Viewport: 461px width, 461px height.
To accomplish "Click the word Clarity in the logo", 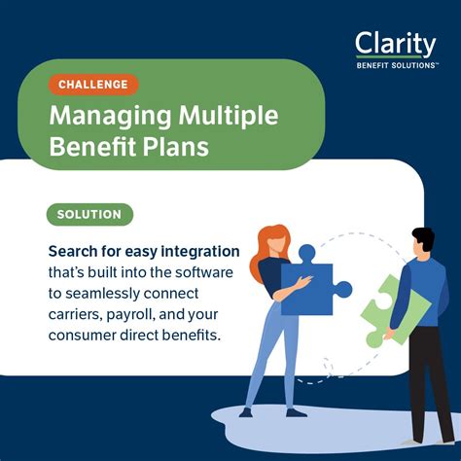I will coord(396,45).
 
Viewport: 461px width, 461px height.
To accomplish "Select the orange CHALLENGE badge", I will coord(92,85).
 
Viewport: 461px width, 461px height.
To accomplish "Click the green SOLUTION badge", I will coord(89,214).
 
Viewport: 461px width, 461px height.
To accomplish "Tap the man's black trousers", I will coord(421,374).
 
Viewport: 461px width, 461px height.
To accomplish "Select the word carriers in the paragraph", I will coord(79,315).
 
